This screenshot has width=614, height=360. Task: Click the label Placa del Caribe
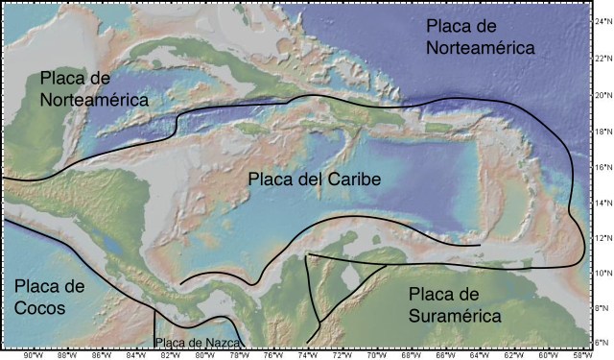(x=314, y=180)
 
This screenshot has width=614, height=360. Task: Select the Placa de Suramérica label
(x=453, y=304)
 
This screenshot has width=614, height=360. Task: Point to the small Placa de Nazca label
(x=198, y=342)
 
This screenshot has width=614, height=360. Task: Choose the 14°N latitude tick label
(x=601, y=203)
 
